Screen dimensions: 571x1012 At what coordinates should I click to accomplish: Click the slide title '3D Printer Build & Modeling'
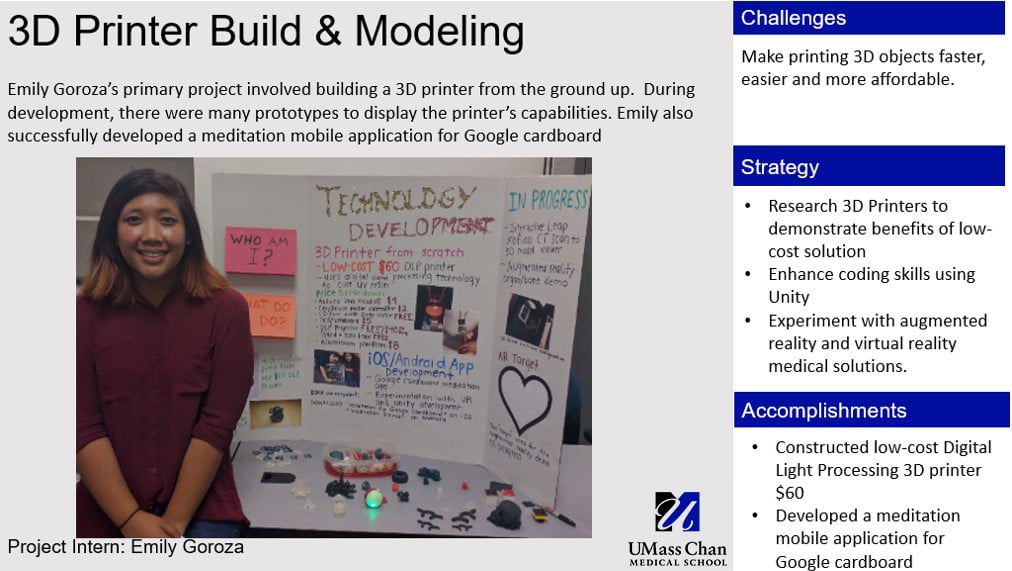[265, 32]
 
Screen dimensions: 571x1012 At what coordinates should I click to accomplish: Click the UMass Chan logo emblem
[677, 511]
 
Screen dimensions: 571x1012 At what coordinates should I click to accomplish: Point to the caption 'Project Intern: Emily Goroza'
[126, 547]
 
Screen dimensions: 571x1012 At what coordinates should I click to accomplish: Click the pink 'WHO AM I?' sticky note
[261, 249]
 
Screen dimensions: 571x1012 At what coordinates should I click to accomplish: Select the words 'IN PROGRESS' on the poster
[547, 200]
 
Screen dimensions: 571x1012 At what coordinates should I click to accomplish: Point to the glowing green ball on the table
[373, 498]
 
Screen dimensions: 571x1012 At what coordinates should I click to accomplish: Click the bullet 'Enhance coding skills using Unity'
[871, 285]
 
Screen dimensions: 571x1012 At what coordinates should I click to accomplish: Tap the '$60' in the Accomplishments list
[789, 493]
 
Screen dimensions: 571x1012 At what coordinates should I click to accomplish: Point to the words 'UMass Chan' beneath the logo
[677, 548]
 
